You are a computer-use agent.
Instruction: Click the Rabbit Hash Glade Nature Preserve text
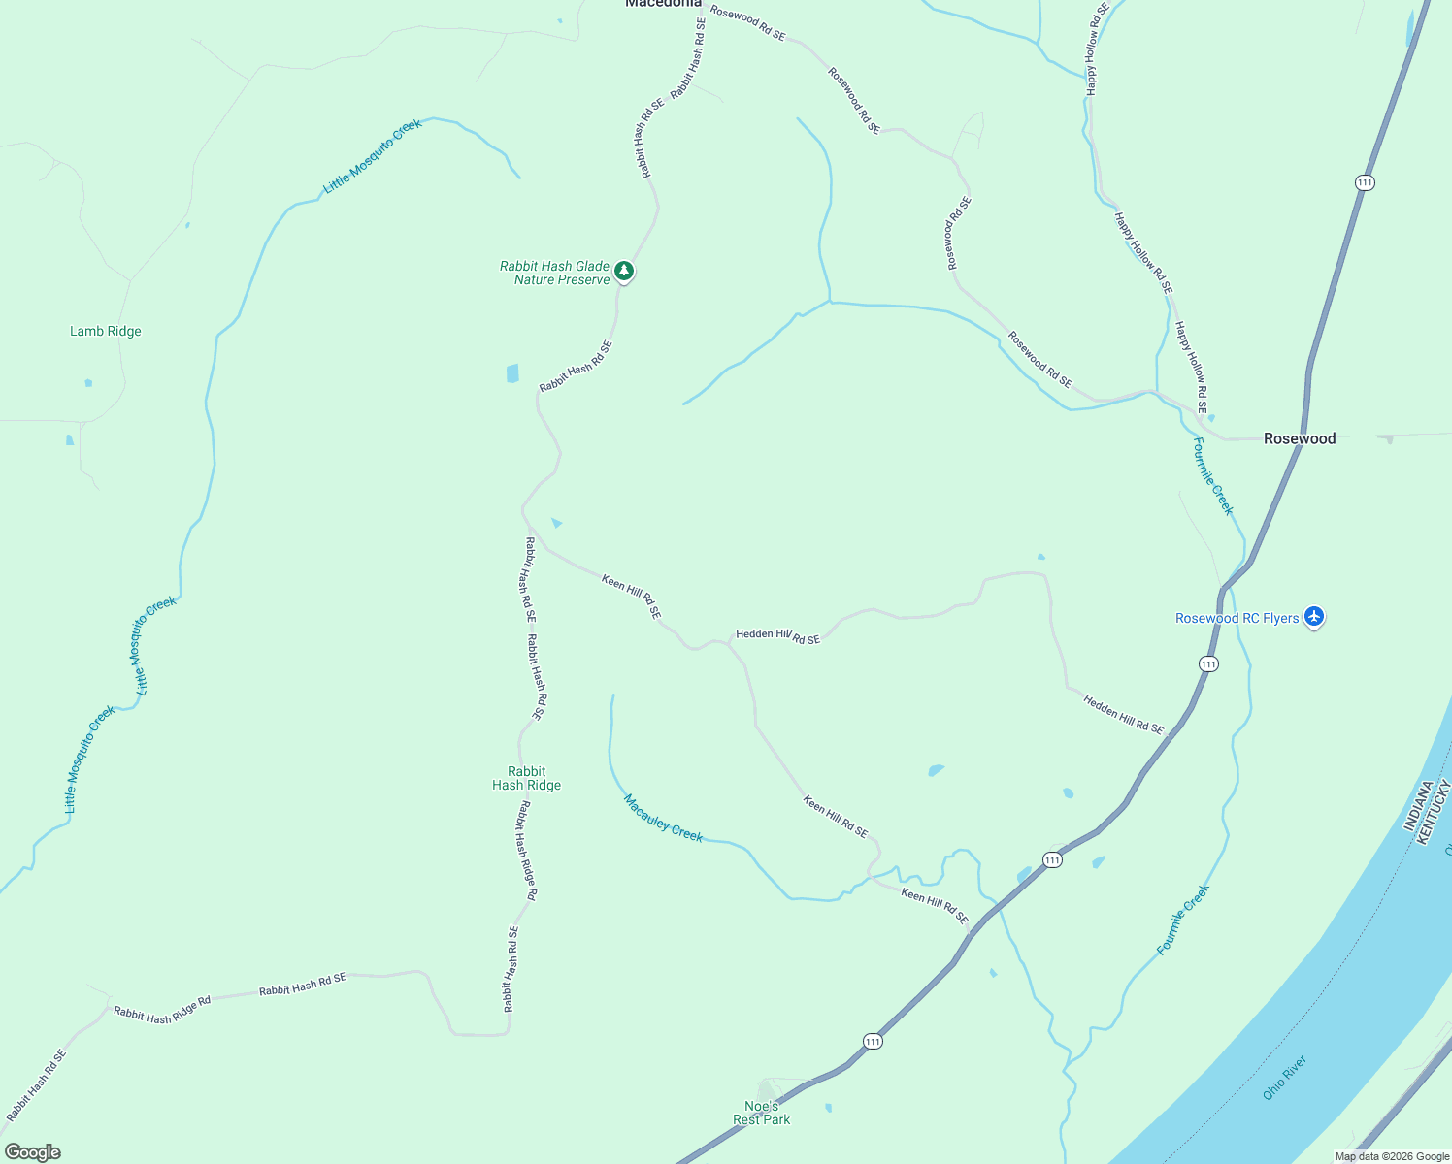[x=555, y=273]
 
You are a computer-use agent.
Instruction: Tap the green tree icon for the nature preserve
[x=625, y=272]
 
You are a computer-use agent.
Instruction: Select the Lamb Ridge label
[x=106, y=332]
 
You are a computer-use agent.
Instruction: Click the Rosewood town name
[x=1299, y=439]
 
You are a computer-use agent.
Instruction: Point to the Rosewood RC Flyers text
[x=1237, y=619]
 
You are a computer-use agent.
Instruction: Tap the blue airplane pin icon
[x=1314, y=616]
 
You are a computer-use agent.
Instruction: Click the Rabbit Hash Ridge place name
[x=526, y=779]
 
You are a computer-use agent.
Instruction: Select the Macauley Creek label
[x=663, y=819]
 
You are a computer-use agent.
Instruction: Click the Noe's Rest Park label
[x=762, y=1113]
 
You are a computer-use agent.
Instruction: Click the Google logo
[x=32, y=1151]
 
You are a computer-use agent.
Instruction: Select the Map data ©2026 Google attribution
[x=1392, y=1156]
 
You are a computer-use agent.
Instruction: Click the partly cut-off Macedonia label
[x=663, y=4]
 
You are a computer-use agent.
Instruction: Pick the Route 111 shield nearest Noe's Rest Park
[x=873, y=1041]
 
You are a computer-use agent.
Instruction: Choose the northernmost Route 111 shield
[x=1365, y=182]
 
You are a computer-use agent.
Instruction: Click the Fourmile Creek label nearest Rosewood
[x=1213, y=476]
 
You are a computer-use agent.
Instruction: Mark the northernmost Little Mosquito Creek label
[x=373, y=156]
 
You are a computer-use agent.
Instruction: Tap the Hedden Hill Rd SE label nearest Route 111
[x=1123, y=715]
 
